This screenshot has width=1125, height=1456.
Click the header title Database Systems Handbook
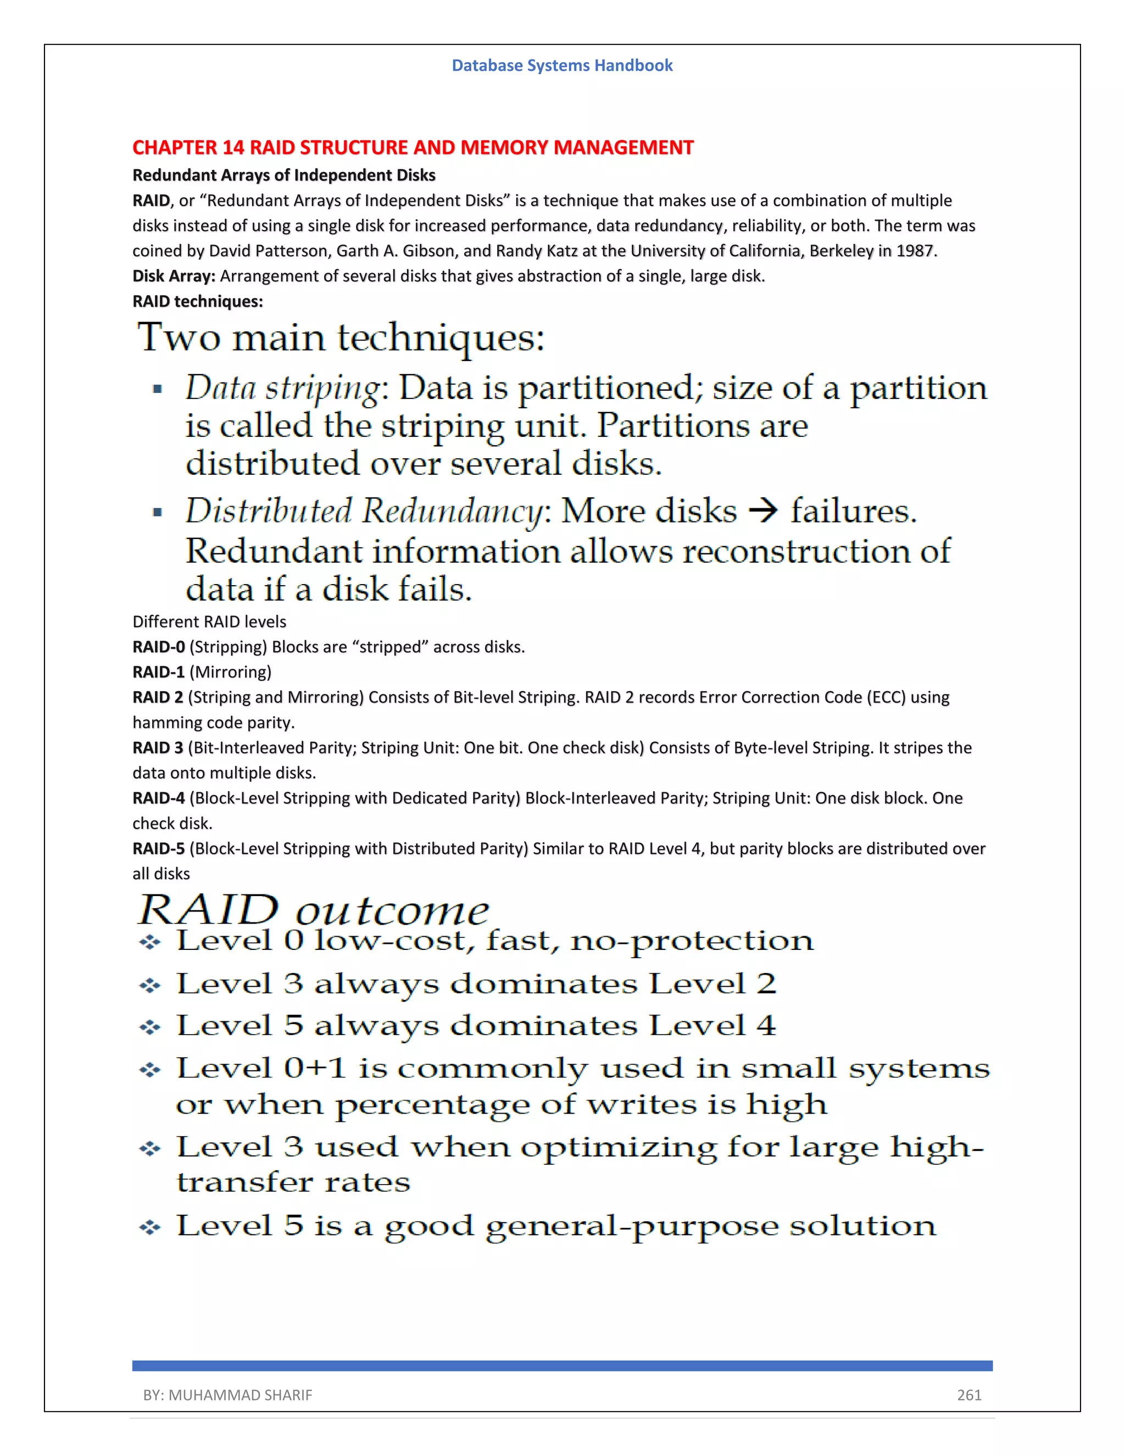click(x=562, y=65)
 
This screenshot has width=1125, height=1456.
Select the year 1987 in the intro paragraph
click(x=916, y=251)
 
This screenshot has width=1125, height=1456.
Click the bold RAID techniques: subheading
click(x=197, y=301)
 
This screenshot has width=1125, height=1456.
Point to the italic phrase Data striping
click(x=282, y=388)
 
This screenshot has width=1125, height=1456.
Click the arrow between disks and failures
click(x=763, y=512)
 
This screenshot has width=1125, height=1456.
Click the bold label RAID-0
click(x=159, y=647)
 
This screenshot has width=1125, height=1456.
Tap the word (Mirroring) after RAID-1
click(x=231, y=672)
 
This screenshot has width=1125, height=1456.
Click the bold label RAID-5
click(x=159, y=849)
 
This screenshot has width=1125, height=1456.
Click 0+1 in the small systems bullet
click(x=315, y=1068)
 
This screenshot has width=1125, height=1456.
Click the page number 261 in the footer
click(x=969, y=1394)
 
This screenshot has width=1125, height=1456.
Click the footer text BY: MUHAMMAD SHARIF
click(x=227, y=1394)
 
